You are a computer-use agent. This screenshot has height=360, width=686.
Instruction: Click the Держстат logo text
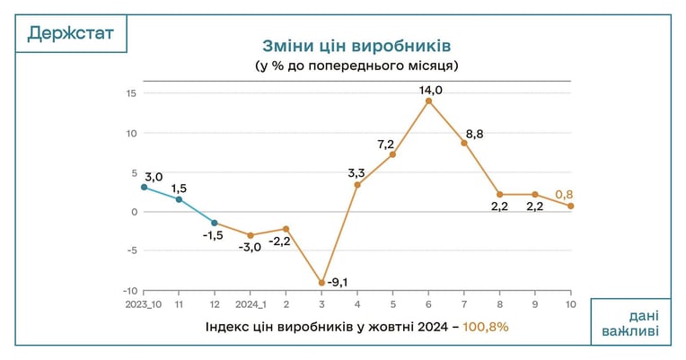(x=70, y=33)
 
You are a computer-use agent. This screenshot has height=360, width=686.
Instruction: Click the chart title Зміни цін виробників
(x=356, y=46)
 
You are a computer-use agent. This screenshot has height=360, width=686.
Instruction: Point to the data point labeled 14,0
(x=429, y=101)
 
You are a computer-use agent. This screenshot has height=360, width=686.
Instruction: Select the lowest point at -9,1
(x=322, y=283)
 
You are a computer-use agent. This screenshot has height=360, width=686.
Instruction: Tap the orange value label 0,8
(x=564, y=194)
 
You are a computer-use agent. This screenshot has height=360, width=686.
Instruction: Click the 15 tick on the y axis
(x=132, y=93)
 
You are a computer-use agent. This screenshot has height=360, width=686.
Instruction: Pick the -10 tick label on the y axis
(x=130, y=291)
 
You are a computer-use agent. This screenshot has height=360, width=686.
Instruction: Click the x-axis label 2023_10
(x=144, y=304)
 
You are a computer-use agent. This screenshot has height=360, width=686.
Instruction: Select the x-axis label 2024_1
(x=251, y=304)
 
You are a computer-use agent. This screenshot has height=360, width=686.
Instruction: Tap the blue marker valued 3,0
(x=144, y=188)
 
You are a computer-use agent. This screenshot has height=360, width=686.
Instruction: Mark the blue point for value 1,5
(x=179, y=199)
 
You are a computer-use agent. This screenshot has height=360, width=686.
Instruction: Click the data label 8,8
(x=475, y=135)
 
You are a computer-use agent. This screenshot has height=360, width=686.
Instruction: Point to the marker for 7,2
(x=393, y=154)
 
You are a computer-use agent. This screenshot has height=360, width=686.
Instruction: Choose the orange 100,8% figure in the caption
(x=486, y=327)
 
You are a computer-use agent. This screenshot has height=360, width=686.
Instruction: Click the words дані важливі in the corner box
(x=631, y=323)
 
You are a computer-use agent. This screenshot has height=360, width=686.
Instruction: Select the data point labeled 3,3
(x=357, y=185)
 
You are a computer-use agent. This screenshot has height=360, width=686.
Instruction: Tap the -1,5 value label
(x=213, y=235)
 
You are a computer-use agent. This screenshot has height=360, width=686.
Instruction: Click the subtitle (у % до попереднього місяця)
(x=356, y=66)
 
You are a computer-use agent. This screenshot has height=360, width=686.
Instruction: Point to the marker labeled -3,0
(x=251, y=235)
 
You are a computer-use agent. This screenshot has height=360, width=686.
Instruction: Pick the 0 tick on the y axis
(x=135, y=212)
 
